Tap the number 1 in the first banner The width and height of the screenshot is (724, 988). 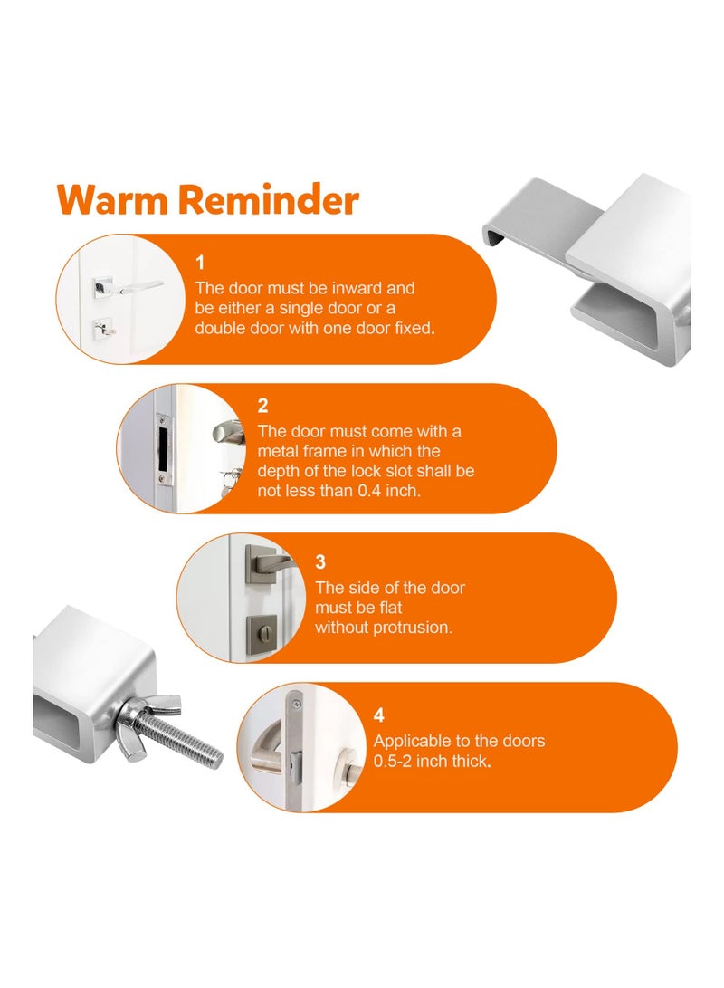click(200, 263)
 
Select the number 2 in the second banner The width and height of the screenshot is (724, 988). click(262, 407)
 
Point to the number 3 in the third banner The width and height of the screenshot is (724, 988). click(320, 562)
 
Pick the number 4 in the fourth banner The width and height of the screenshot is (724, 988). click(379, 715)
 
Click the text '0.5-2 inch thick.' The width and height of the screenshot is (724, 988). click(433, 761)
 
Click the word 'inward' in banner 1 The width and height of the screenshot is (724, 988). click(338, 288)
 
